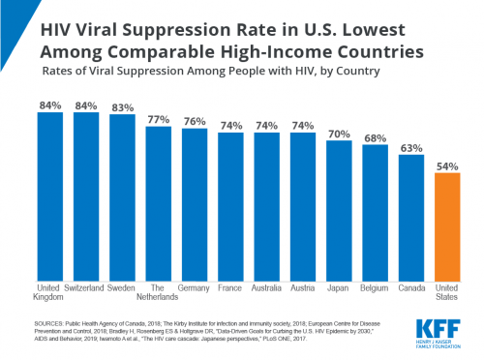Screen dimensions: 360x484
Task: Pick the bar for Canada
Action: [x=410, y=217]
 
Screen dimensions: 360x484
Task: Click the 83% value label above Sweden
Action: [x=122, y=105]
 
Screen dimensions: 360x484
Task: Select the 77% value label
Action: [x=159, y=119]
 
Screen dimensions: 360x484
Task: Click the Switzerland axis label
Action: [x=86, y=288]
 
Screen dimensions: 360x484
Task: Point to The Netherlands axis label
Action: [x=159, y=293]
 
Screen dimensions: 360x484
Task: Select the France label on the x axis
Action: [x=230, y=288]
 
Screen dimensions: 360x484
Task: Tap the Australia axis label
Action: [x=266, y=288]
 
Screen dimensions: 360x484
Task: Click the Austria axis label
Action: [x=303, y=288]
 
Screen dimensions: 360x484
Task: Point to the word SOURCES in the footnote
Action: [x=58, y=315]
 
